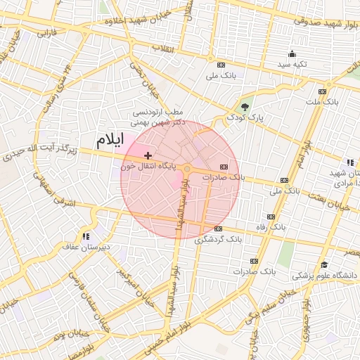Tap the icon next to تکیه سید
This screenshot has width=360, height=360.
click(292, 54)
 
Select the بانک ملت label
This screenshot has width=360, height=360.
click(323, 102)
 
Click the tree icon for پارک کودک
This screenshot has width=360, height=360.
click(244, 107)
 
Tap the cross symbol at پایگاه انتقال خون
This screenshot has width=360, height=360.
click(148, 155)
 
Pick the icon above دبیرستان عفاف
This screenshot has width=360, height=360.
click(86, 237)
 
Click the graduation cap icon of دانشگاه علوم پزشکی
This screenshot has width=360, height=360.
click(324, 264)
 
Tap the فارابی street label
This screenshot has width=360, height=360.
click(46, 32)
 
